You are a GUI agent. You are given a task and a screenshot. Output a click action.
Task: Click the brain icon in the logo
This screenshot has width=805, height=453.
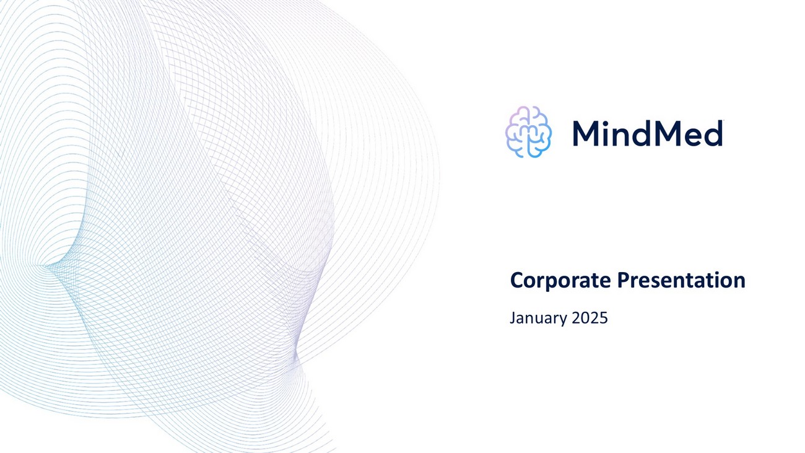(528, 132)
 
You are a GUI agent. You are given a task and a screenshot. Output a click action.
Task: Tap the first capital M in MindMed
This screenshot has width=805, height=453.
(587, 133)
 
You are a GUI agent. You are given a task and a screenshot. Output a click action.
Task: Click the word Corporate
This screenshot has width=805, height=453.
(560, 281)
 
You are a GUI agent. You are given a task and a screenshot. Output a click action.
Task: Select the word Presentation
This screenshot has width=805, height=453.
(681, 280)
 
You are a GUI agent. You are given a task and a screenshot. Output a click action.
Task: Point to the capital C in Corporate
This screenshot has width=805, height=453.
(517, 280)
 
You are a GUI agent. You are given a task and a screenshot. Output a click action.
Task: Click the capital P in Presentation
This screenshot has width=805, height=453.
(624, 280)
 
